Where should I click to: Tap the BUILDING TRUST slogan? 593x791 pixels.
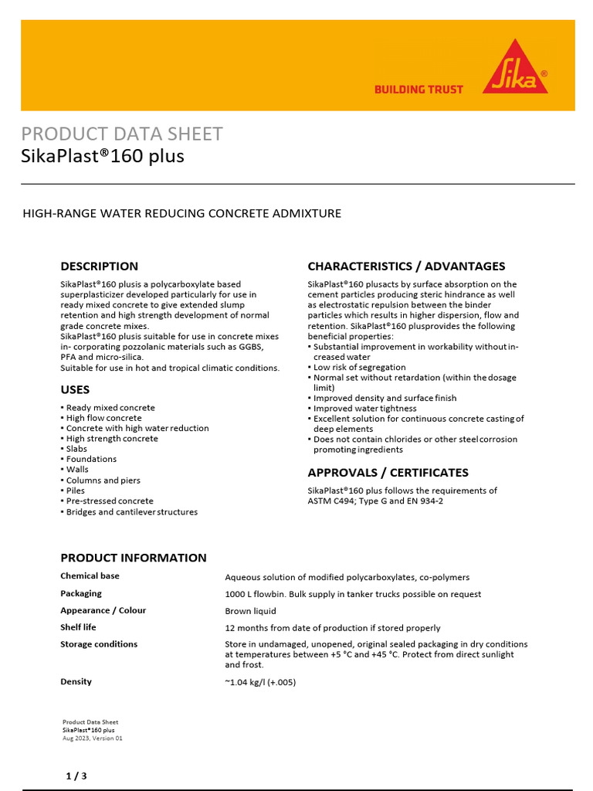[418, 90]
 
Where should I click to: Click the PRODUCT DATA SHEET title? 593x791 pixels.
[122, 134]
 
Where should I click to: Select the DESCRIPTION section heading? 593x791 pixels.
[100, 266]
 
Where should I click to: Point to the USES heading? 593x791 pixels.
[75, 390]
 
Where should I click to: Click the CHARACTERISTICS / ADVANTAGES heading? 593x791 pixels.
[406, 266]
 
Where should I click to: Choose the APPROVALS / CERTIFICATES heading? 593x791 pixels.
[388, 473]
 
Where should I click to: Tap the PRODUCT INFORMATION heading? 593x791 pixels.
[134, 558]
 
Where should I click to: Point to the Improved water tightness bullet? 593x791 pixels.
[364, 409]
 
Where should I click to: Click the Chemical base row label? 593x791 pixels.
[90, 576]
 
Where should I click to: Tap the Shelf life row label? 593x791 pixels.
[78, 627]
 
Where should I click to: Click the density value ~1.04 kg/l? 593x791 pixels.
[260, 682]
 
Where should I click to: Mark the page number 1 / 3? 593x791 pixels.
[76, 776]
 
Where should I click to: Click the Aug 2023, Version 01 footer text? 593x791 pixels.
[92, 738]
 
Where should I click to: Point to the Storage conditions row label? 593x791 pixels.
[99, 644]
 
